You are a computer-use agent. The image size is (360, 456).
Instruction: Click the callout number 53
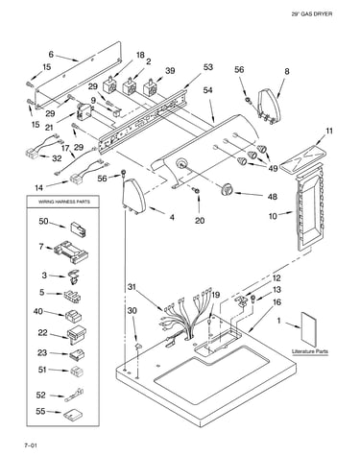(x=208, y=67)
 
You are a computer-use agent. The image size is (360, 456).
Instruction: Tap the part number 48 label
(x=273, y=197)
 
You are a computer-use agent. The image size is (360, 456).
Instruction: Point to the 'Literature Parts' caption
(x=310, y=351)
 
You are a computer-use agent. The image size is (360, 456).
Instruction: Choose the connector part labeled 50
(x=79, y=228)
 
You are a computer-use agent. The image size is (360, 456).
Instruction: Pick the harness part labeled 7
(x=71, y=252)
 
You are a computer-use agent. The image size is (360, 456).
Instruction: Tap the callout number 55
(x=40, y=411)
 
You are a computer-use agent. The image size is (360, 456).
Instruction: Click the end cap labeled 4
(x=133, y=197)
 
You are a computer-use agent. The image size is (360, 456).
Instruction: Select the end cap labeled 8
(x=270, y=106)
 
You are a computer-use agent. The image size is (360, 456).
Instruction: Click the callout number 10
(x=273, y=216)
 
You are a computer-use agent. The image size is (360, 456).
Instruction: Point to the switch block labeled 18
(x=110, y=85)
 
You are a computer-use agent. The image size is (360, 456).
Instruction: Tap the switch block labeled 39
(x=151, y=86)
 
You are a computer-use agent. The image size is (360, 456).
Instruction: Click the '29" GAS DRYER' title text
(x=312, y=14)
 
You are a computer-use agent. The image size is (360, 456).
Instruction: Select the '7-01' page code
(x=31, y=445)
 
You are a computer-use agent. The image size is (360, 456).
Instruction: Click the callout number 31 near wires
(x=132, y=287)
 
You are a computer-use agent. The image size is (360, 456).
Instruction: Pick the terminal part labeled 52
(x=75, y=396)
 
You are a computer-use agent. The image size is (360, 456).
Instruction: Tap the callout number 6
(x=51, y=55)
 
